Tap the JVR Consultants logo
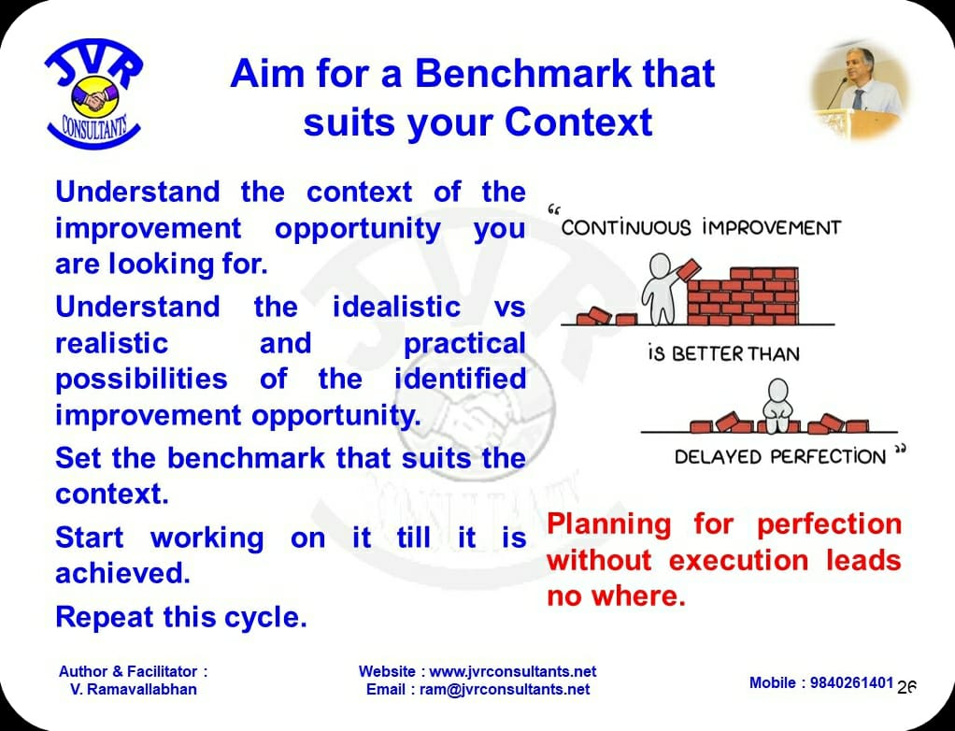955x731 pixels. tap(93, 93)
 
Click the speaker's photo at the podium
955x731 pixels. tap(860, 90)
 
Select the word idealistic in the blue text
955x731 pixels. tap(396, 307)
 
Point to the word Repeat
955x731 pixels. tap(103, 618)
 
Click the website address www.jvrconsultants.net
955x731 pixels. tap(513, 671)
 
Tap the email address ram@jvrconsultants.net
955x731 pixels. tap(505, 690)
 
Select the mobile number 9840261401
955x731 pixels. tap(851, 683)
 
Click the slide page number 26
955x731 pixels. tap(906, 687)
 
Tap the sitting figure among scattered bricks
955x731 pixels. tap(777, 406)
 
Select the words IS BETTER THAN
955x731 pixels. tap(723, 354)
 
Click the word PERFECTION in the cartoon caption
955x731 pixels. tap(827, 457)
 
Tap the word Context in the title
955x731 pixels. tap(578, 122)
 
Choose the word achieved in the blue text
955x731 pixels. tap(122, 573)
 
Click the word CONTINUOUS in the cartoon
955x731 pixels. tap(626, 228)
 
